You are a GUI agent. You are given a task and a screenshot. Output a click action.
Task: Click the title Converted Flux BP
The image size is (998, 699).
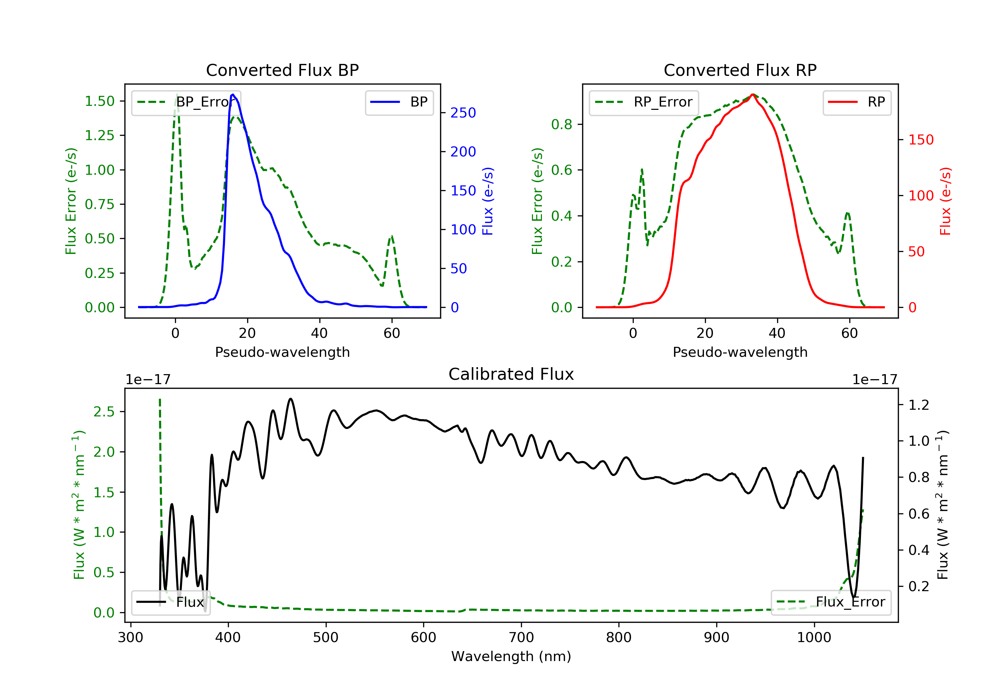pyautogui.click(x=282, y=70)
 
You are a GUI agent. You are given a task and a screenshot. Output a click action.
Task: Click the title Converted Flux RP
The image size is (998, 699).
pyautogui.click(x=740, y=70)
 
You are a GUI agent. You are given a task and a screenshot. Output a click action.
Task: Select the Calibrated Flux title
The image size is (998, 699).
pyautogui.click(x=511, y=374)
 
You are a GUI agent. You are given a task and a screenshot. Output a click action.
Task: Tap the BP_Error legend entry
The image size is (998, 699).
pyautogui.click(x=186, y=102)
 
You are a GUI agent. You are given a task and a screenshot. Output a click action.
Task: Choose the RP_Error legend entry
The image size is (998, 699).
pyautogui.click(x=644, y=102)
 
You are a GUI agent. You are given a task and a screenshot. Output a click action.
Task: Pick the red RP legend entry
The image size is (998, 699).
pyautogui.click(x=857, y=102)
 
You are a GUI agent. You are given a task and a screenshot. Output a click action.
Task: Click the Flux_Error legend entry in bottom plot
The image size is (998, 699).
pyautogui.click(x=831, y=602)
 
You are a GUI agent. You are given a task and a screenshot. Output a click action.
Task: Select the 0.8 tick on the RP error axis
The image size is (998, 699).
pyautogui.click(x=562, y=124)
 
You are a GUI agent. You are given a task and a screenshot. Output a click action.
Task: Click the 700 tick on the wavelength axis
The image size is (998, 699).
pyautogui.click(x=521, y=638)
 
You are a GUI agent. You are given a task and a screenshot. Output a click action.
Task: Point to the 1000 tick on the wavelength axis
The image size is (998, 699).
pyautogui.click(x=814, y=638)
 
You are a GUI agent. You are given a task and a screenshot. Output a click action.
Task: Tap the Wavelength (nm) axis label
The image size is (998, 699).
pyautogui.click(x=511, y=656)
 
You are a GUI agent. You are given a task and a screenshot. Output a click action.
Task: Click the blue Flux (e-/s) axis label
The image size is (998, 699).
pyautogui.click(x=488, y=201)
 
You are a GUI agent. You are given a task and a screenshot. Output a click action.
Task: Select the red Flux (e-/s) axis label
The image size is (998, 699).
pyautogui.click(x=945, y=201)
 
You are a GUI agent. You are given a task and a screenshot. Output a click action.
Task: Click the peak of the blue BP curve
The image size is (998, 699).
pyautogui.click(x=233, y=95)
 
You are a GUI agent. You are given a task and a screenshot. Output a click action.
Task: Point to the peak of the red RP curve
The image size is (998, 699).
pyautogui.click(x=752, y=95)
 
